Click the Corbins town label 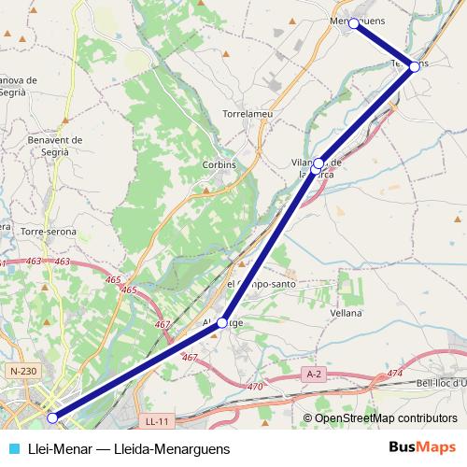tap(219, 164)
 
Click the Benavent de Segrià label tap(57, 146)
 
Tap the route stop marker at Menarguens tap(354, 23)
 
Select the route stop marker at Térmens tap(415, 67)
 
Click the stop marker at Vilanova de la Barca tap(318, 163)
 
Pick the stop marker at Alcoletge tap(222, 322)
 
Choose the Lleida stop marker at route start tap(53, 417)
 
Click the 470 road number tap(254, 386)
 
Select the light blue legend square tap(14, 448)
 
